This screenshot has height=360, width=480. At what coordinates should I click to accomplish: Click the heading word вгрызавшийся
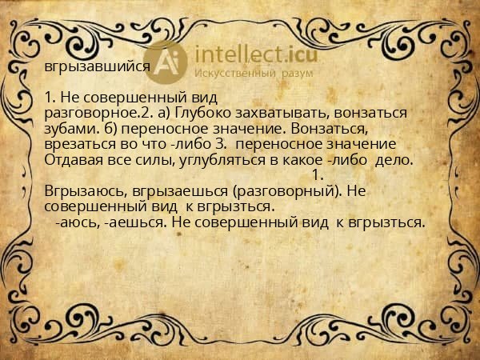tap(97, 66)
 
